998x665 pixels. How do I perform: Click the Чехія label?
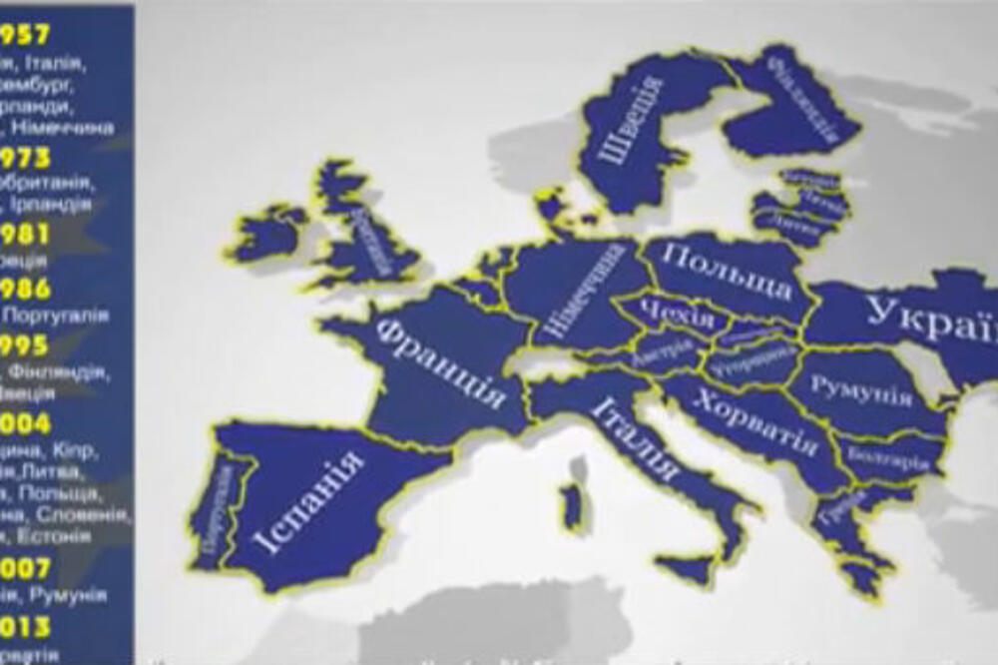point(678,314)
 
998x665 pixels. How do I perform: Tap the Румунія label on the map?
point(861,390)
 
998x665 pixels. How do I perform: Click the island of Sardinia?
point(571,504)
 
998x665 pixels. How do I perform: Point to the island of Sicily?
point(688,570)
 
